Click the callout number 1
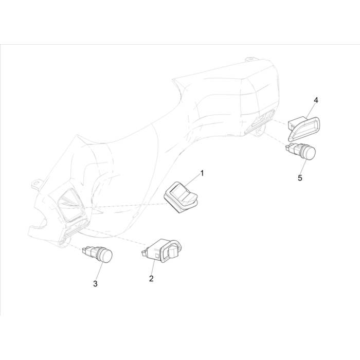point(202,173)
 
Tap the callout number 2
point(151,279)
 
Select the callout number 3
point(95,284)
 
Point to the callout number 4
point(316,100)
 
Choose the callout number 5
point(300,178)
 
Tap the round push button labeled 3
point(97,254)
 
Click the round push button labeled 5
point(300,152)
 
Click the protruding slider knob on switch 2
point(173,251)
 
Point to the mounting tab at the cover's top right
point(250,60)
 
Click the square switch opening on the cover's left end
point(69,205)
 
